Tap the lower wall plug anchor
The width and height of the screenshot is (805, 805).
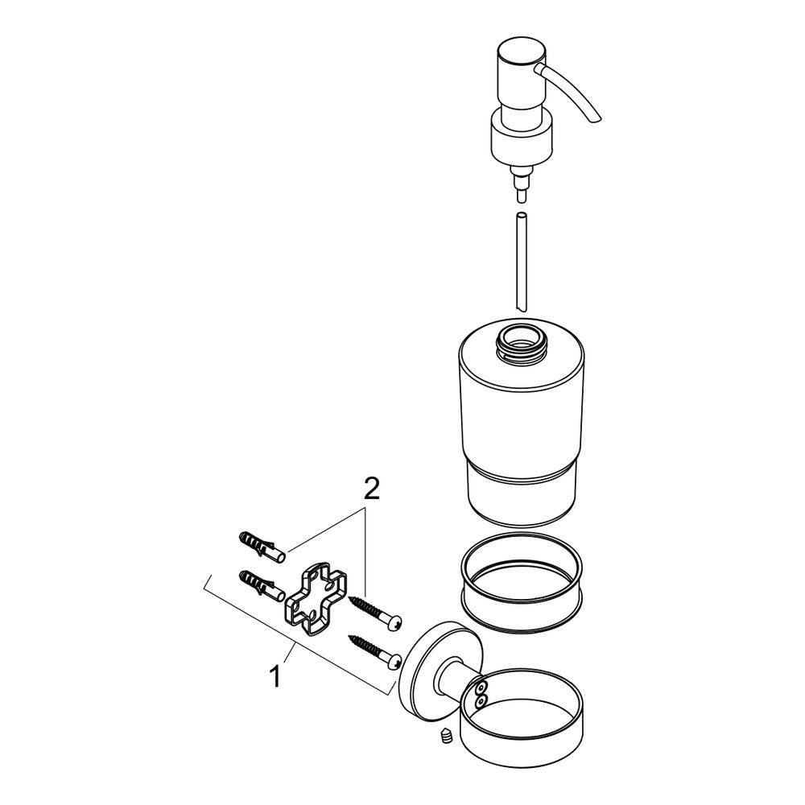coord(259,584)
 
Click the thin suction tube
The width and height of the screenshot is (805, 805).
coord(521,262)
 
